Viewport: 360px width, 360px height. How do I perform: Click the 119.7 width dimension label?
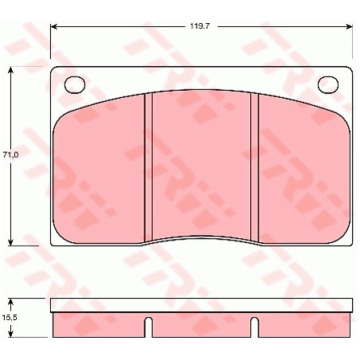click(x=200, y=26)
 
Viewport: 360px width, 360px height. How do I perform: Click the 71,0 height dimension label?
click(x=10, y=155)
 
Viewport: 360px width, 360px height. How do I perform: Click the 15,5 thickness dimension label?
click(x=10, y=317)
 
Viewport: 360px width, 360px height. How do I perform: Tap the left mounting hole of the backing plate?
click(x=75, y=85)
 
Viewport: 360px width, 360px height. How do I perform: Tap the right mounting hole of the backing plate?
click(x=328, y=85)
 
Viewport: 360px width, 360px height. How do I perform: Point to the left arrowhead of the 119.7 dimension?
click(x=54, y=26)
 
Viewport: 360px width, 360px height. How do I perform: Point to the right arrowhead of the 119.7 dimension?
click(x=349, y=26)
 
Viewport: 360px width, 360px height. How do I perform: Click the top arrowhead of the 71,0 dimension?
click(x=10, y=70)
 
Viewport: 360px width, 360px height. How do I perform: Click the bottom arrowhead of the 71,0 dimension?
click(x=10, y=242)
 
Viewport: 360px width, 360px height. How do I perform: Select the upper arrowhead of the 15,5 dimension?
click(x=10, y=302)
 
